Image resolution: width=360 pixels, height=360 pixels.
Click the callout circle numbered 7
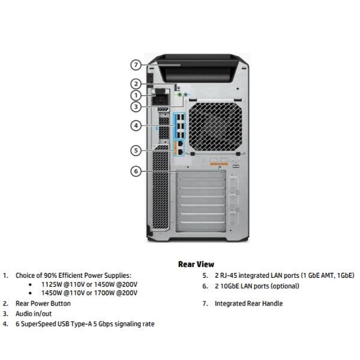pos(136,64)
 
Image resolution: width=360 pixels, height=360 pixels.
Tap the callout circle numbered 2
pos(136,84)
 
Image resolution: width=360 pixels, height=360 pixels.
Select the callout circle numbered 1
pos(136,95)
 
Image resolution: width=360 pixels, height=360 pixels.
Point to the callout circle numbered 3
pos(136,107)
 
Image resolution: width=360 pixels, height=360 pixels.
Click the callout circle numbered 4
pos(136,125)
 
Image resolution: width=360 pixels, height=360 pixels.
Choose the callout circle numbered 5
pos(136,150)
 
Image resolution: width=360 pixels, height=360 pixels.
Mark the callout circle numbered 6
pos(136,171)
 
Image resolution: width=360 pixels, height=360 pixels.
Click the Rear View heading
pos(196,264)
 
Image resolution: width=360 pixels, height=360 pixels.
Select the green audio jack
pos(179,94)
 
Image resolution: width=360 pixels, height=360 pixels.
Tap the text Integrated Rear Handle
pos(248,304)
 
